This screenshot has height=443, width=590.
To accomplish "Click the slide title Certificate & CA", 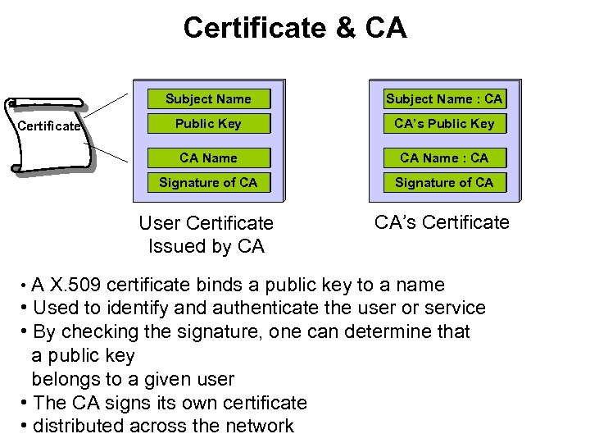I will point(295,28).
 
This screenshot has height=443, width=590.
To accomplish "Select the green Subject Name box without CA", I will point(208,99).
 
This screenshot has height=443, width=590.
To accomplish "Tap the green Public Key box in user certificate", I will point(208,124).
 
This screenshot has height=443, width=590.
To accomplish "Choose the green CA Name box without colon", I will point(208,158).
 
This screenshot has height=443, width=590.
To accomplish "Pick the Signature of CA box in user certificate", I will point(208,182).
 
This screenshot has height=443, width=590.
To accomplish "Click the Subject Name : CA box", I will point(444,99).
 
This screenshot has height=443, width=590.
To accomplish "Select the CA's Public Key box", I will point(444,124).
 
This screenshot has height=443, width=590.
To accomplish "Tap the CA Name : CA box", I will point(444,158).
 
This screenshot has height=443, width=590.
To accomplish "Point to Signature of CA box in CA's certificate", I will point(444,182).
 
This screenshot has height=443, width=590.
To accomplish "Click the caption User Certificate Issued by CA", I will point(206,235).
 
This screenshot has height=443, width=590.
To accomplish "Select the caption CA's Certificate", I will point(442,222).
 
